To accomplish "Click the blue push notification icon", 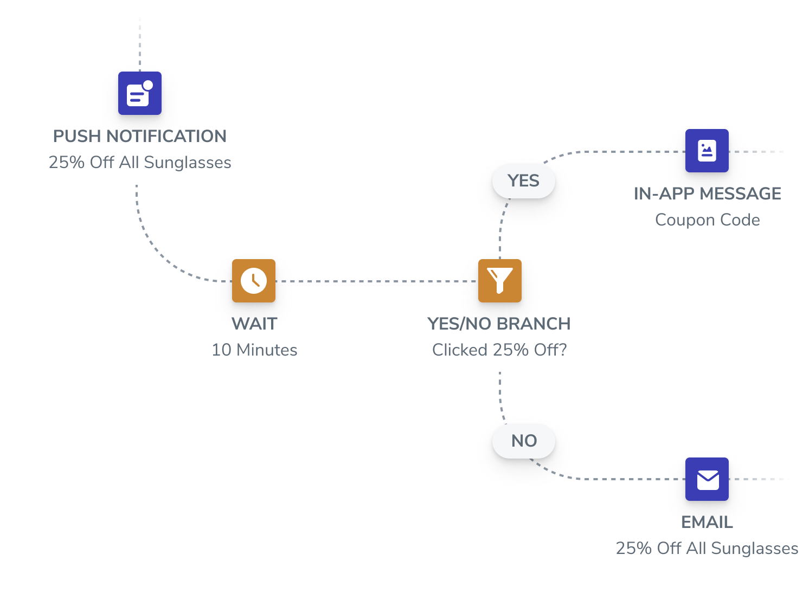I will tap(139, 93).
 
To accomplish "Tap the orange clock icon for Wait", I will tap(253, 281).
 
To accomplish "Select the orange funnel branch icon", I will tap(499, 281).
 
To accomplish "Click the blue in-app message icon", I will tap(707, 151).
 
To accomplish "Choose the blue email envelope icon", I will tap(707, 479).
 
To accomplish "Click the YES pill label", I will tap(523, 181).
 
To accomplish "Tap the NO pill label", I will tap(523, 441).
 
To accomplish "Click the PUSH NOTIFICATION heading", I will tap(139, 136).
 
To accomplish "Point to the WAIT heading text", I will tap(254, 324).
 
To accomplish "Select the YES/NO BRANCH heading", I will tap(499, 324).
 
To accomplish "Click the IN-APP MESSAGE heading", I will tap(707, 194).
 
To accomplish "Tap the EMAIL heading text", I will tap(707, 522).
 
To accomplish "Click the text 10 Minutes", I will tap(254, 350).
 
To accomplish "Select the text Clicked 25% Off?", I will tap(499, 350).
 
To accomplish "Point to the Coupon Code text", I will tap(707, 220).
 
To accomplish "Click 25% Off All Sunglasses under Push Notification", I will tap(139, 163).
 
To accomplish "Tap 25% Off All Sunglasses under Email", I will tap(707, 549).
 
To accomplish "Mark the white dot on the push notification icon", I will tap(148, 85).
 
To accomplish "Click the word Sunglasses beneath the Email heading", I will tap(754, 549).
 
